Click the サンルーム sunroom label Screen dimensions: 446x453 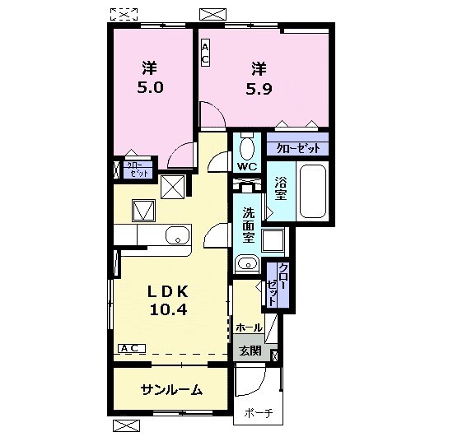click(171, 390)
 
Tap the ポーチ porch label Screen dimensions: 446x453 click(258, 415)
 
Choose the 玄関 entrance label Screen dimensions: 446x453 click(250, 351)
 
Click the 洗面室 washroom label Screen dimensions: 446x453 click(248, 224)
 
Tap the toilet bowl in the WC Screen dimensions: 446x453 click(247, 149)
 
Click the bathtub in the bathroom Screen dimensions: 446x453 click(312, 191)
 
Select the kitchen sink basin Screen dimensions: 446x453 click(177, 238)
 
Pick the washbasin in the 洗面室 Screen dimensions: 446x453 click(246, 264)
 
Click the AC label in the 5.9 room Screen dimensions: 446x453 click(206, 53)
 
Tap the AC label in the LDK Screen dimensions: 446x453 click(128, 349)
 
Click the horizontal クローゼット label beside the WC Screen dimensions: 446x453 click(297, 148)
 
